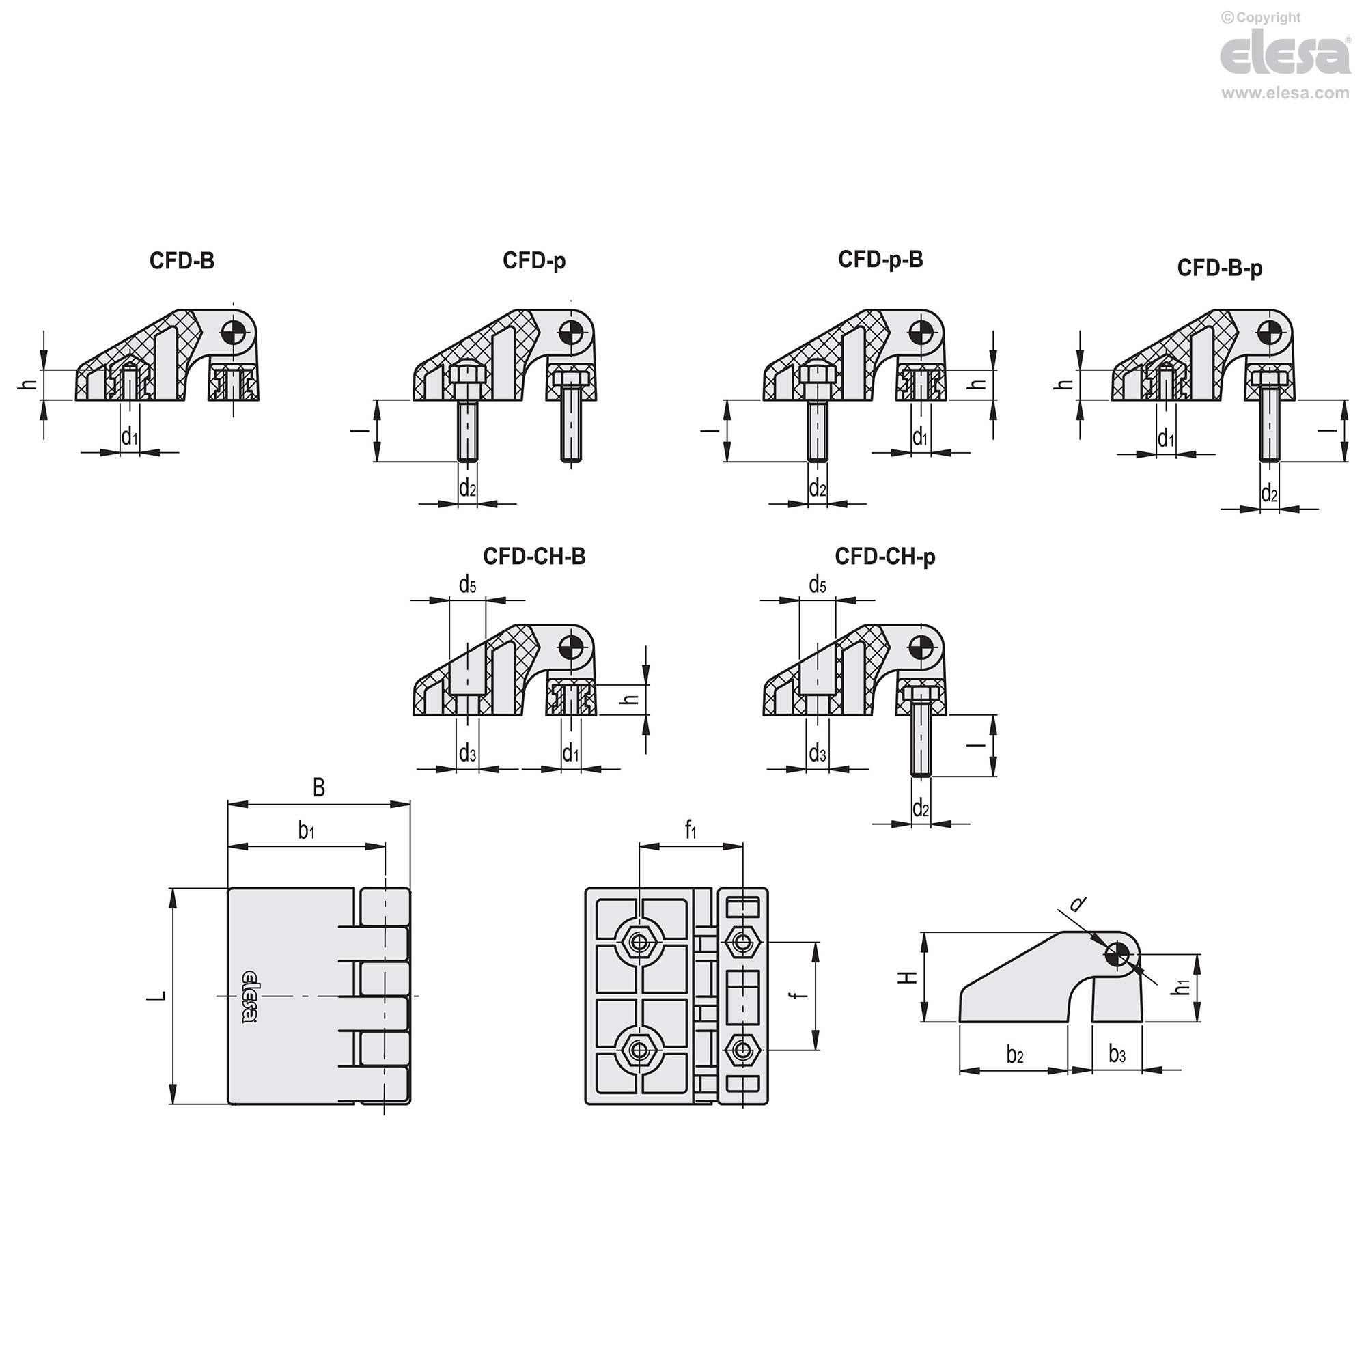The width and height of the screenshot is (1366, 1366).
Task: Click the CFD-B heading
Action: pos(182,261)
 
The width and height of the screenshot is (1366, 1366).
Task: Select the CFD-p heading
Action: pos(534,262)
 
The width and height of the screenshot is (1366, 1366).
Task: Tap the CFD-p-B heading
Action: pos(880,260)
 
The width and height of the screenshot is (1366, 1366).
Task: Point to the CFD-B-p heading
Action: pos(1220,268)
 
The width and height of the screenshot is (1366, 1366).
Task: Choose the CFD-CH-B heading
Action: pos(535,557)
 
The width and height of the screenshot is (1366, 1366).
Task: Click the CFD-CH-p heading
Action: pos(885,557)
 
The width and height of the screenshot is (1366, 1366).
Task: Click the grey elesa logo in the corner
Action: pos(1285,55)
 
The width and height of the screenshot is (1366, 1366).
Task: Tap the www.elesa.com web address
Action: pos(1285,93)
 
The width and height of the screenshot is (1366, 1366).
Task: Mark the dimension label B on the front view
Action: pos(319,787)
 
